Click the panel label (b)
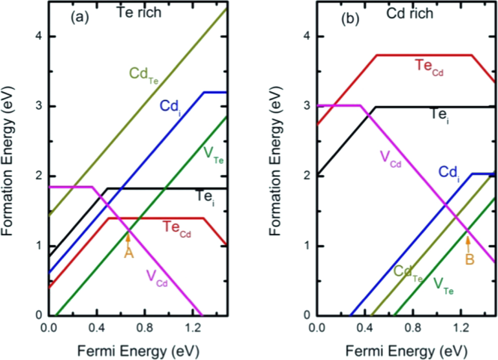click(348, 18)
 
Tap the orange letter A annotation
click(129, 253)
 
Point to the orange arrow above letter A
click(128, 238)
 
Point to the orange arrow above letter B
click(468, 244)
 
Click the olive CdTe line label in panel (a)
click(144, 74)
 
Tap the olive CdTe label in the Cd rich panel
click(408, 272)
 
